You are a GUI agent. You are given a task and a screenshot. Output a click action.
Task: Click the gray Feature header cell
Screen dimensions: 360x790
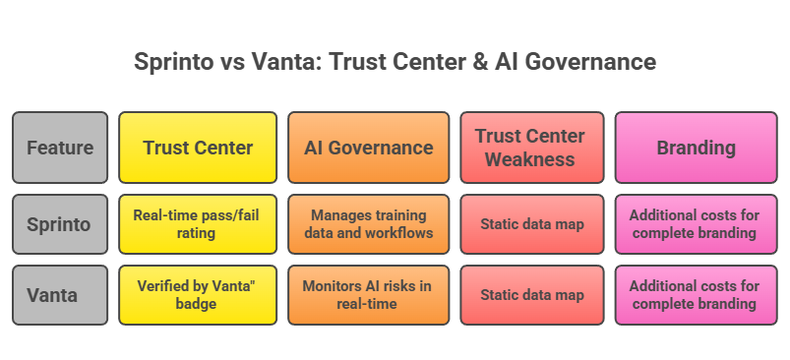(60, 148)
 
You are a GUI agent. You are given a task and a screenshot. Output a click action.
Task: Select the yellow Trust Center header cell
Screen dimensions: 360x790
(198, 148)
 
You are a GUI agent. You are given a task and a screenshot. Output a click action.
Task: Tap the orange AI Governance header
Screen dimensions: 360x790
(368, 148)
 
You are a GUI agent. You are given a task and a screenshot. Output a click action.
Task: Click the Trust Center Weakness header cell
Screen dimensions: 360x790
(529, 148)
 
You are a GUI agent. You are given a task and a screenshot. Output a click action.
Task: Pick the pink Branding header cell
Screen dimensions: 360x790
(696, 148)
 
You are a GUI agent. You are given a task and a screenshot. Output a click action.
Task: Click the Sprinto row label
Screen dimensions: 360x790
(60, 224)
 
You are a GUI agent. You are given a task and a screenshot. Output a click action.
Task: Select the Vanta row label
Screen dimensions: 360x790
(60, 294)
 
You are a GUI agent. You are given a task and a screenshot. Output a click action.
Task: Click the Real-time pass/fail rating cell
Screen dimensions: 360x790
(198, 224)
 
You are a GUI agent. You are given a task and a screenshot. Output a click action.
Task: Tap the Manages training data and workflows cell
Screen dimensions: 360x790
(368, 224)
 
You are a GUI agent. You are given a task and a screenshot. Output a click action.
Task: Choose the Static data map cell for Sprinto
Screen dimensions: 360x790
(529, 224)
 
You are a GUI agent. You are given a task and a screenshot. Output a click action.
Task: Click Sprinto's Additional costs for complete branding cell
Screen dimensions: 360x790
(696, 224)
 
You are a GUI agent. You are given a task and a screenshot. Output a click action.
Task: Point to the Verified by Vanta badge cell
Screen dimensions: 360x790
(198, 294)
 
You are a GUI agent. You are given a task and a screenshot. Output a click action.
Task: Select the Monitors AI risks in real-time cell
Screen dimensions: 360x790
(368, 294)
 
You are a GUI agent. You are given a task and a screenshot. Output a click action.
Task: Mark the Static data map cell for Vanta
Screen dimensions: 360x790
(529, 294)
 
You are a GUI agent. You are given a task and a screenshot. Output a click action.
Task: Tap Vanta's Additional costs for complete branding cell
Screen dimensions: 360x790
(696, 294)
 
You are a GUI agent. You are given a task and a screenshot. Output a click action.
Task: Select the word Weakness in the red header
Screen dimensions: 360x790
(529, 158)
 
